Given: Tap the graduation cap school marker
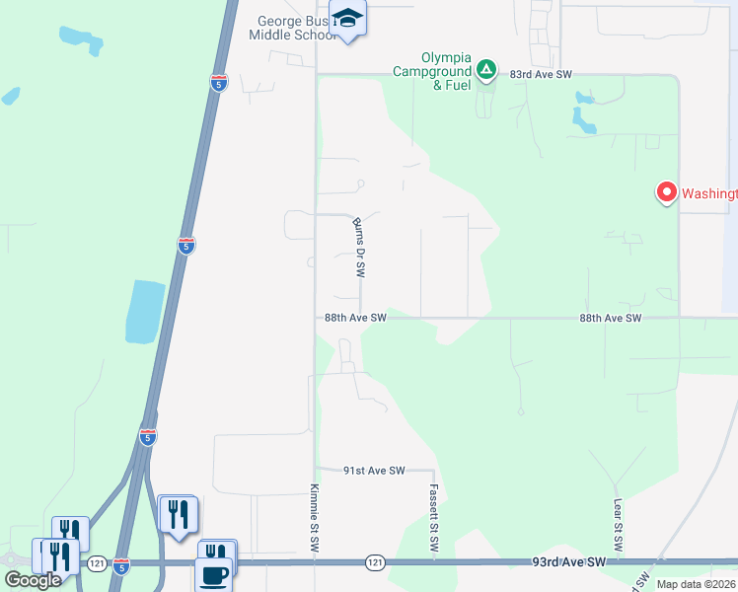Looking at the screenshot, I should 347,19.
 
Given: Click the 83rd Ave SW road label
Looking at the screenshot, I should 542,74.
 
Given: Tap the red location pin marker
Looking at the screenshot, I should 666,191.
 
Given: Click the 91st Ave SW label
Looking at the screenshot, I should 374,472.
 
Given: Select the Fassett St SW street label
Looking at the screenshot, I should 433,519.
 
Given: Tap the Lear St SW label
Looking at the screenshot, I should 618,525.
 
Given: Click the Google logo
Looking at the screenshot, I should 33,579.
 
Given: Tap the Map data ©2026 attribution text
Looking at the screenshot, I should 696,584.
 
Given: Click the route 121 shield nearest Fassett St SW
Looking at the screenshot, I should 375,561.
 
